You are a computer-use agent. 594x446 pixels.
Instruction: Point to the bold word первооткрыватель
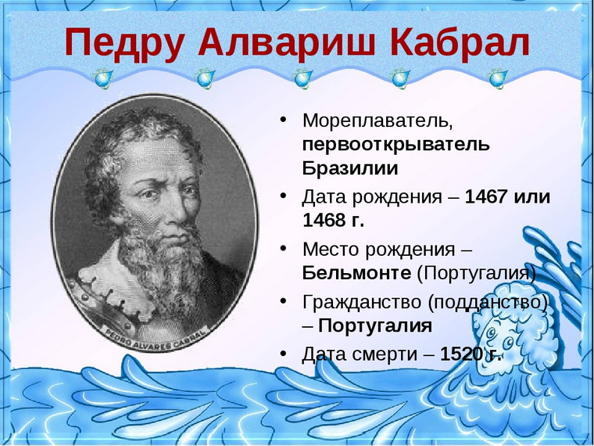point(396,146)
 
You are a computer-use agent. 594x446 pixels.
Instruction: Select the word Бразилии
point(350,168)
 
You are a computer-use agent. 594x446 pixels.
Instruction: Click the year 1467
point(486,197)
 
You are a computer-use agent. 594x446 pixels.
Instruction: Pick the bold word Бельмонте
point(356,272)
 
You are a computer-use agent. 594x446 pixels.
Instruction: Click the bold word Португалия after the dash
point(375,326)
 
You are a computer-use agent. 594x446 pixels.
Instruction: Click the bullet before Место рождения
point(283,248)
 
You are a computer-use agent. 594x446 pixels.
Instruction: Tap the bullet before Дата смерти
point(283,354)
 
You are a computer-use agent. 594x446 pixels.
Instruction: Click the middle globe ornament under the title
point(303,78)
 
